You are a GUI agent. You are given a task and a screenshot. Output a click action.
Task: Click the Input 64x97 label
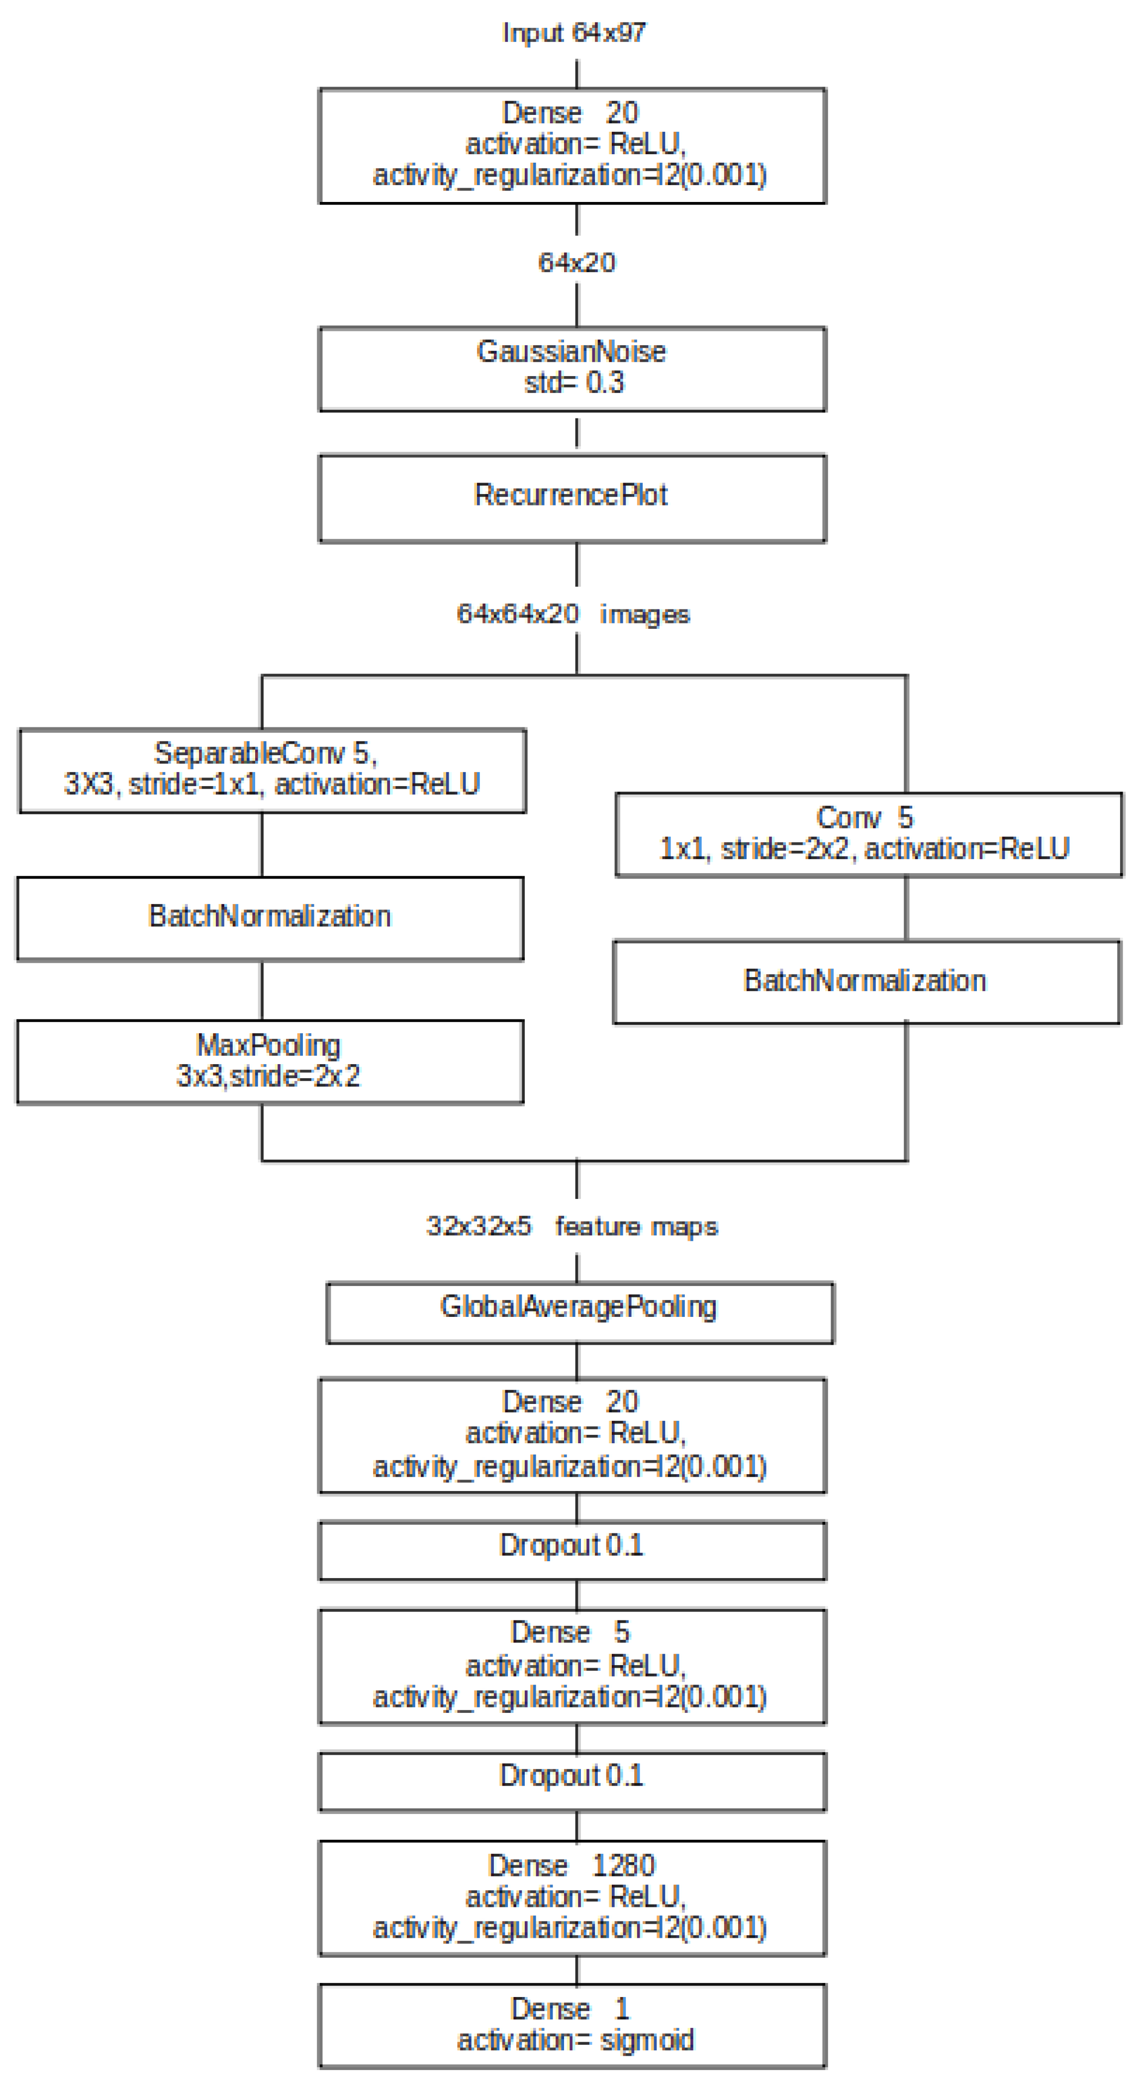(x=574, y=32)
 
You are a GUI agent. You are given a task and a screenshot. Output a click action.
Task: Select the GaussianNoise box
(x=572, y=369)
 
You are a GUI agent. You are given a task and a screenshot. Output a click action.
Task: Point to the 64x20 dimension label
(x=576, y=263)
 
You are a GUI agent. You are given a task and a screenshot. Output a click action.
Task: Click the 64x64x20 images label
(x=573, y=613)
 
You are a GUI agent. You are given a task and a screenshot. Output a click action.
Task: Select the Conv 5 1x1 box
(x=868, y=834)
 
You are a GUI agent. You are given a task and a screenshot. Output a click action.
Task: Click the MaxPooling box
(x=270, y=1061)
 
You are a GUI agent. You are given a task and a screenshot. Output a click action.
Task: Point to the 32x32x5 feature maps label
(x=572, y=1226)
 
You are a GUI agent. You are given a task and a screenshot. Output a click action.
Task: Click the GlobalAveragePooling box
(x=579, y=1312)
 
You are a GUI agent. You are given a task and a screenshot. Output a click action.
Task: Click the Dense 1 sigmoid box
(x=572, y=2024)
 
